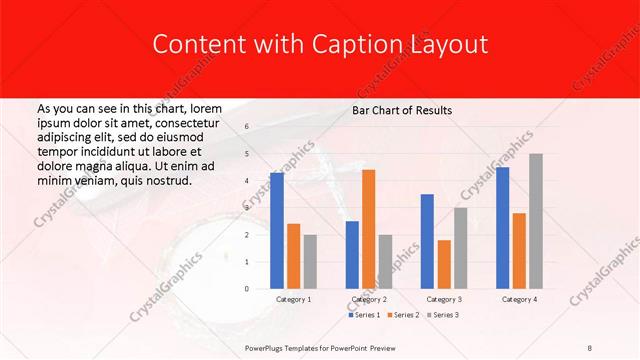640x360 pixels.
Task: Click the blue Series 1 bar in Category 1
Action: [x=277, y=231]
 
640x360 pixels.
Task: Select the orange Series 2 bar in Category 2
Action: [x=369, y=229]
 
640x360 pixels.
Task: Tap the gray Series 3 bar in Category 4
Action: [x=536, y=221]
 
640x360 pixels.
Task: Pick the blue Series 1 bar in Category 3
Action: [x=427, y=241]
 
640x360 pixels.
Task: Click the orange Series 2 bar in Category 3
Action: [x=444, y=264]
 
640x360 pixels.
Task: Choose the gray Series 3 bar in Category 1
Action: [x=310, y=262]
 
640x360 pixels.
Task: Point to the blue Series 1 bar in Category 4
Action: [x=502, y=228]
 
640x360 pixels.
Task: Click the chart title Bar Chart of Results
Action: [x=401, y=110]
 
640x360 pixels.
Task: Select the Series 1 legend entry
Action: [x=364, y=315]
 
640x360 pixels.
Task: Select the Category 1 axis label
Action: [x=293, y=299]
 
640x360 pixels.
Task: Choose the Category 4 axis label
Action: [x=519, y=299]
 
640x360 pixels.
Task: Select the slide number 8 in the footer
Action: [x=590, y=347]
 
